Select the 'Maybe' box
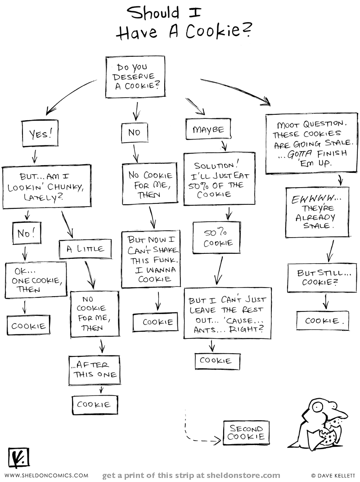pos(208,129)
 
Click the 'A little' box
pos(85,249)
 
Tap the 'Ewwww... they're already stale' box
pos(317,213)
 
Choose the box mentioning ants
pos(227,313)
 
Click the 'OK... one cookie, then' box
pos(36,279)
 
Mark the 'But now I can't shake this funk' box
pos(151,259)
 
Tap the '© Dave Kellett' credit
pos(333,475)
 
